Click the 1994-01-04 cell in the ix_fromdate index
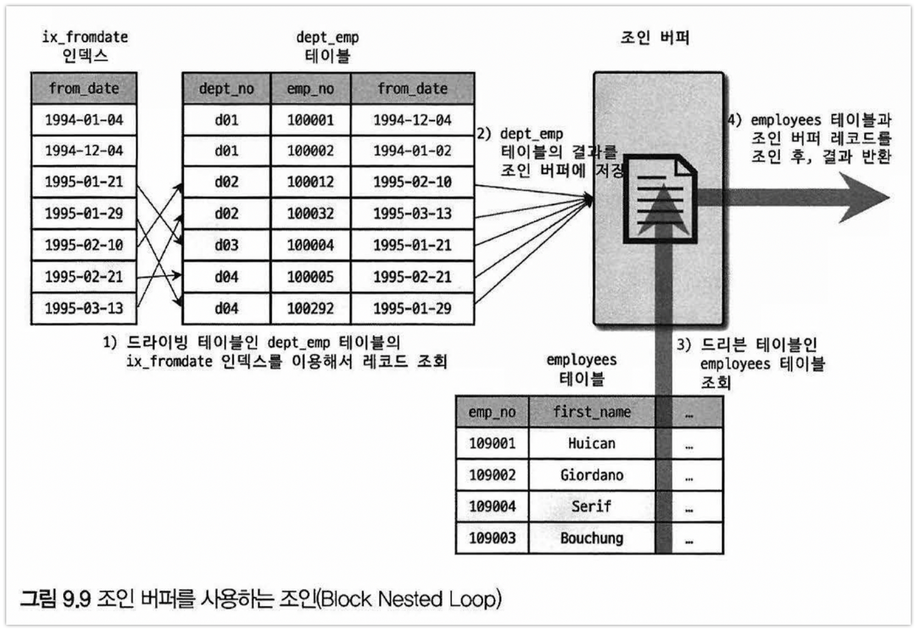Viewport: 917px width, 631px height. click(84, 119)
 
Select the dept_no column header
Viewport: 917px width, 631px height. click(226, 89)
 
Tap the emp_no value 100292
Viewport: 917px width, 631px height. click(310, 308)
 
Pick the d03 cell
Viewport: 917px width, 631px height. click(226, 245)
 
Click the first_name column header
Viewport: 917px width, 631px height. click(592, 412)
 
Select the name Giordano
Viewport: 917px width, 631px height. click(592, 475)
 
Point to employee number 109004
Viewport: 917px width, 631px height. click(492, 506)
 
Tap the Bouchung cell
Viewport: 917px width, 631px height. click(592, 538)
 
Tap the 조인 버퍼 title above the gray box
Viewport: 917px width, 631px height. click(654, 37)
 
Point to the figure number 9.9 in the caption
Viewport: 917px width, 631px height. click(76, 599)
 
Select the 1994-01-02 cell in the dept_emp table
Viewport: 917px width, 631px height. click(412, 151)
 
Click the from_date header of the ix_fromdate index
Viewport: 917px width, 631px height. click(84, 89)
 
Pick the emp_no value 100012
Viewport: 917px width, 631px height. click(310, 182)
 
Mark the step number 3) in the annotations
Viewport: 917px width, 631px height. click(684, 344)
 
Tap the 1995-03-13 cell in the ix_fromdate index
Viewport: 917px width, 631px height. click(84, 308)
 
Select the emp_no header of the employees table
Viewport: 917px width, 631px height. click(492, 412)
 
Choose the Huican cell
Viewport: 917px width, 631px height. click(592, 443)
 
